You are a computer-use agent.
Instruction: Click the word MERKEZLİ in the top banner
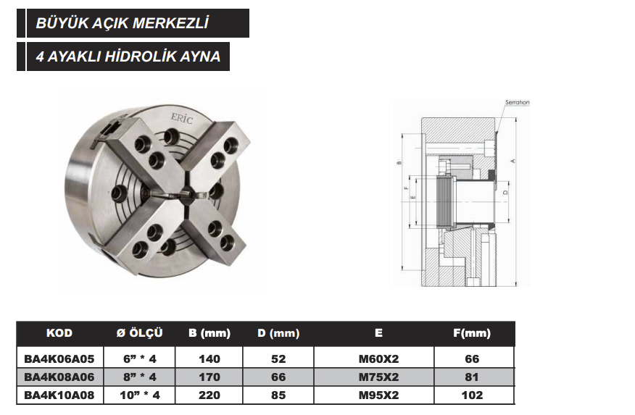point(170,23)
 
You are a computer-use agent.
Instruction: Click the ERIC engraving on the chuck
point(182,118)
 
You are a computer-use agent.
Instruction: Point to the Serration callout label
point(517,102)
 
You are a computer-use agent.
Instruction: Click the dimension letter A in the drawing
point(512,161)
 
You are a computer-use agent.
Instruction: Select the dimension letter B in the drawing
point(399,163)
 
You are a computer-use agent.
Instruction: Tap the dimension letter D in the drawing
point(505,193)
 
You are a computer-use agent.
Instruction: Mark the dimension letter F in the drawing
point(406,188)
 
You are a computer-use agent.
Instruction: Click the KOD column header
point(59,333)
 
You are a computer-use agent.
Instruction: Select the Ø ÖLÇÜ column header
point(139,333)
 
